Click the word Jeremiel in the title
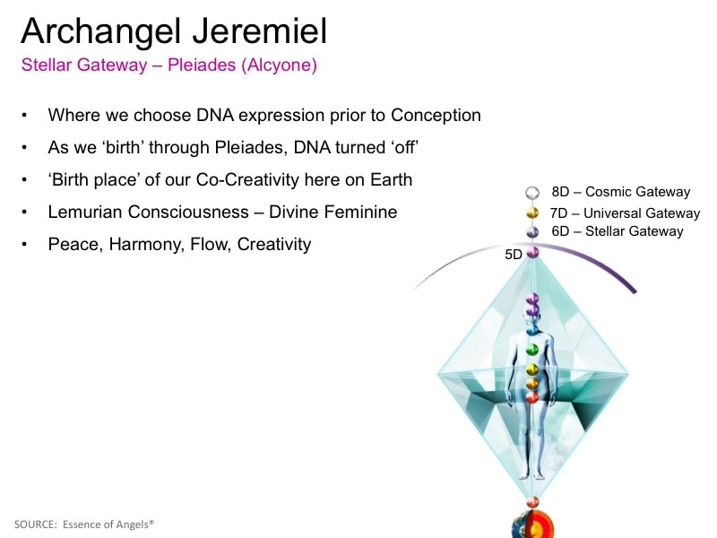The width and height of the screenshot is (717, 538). (259, 31)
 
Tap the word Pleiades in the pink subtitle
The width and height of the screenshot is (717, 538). (202, 65)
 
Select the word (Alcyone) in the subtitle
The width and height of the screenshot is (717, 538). (279, 65)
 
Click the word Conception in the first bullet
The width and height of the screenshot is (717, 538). (436, 115)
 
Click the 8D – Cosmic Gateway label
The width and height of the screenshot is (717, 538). (621, 192)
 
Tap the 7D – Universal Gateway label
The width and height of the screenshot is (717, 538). (625, 213)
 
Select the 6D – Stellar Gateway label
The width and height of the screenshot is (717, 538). (618, 231)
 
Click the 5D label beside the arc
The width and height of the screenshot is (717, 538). (514, 255)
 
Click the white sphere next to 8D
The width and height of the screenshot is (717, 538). (532, 193)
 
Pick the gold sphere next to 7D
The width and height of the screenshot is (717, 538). (532, 213)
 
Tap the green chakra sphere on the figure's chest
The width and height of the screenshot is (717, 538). (531, 350)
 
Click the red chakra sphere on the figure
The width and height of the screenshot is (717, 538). (531, 397)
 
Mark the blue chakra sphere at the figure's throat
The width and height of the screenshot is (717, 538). (531, 329)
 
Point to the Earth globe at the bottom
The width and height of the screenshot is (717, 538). (532, 525)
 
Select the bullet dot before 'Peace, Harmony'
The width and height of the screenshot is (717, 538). (24, 244)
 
